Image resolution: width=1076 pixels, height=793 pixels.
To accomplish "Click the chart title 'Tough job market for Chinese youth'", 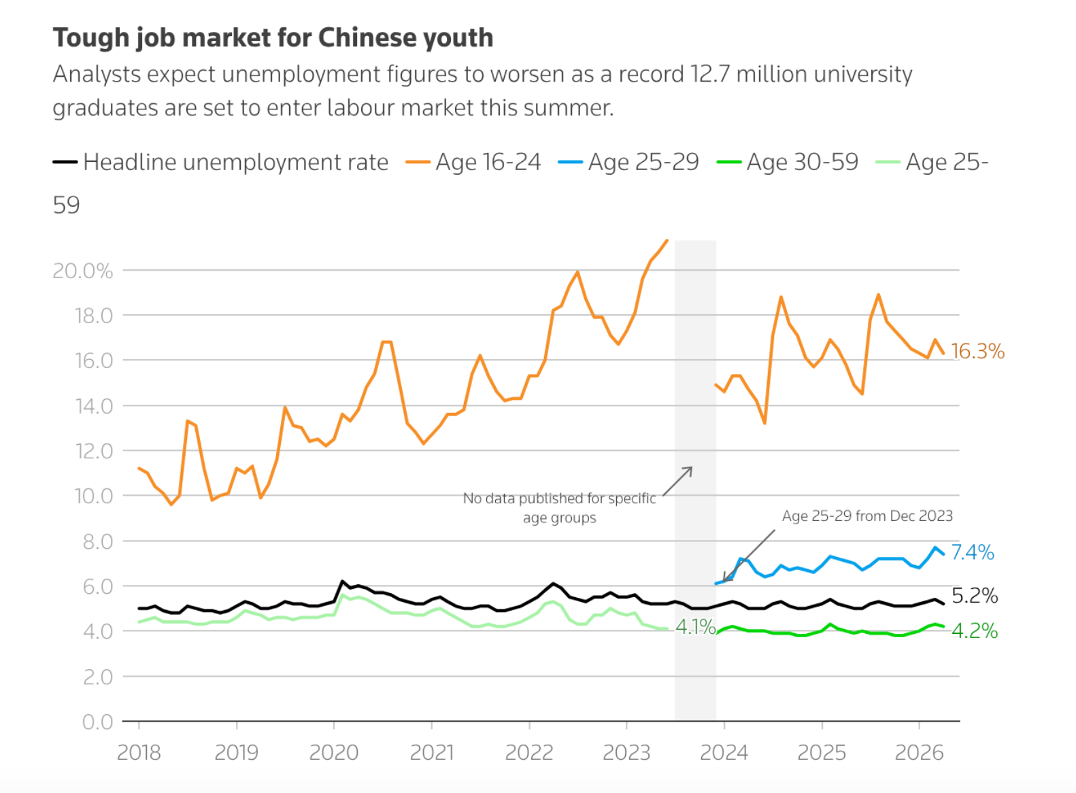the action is pyautogui.click(x=273, y=38).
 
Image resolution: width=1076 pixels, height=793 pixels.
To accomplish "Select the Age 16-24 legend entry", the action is pyautogui.click(x=473, y=162).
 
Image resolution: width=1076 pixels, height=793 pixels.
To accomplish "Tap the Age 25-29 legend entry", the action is pyautogui.click(x=628, y=162).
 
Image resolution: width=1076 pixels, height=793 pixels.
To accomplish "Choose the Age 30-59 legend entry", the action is pyautogui.click(x=788, y=162).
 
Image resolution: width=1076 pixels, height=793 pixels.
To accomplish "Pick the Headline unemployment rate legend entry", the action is pyautogui.click(x=220, y=162).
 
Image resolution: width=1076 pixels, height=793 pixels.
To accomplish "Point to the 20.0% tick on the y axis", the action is pyautogui.click(x=82, y=271).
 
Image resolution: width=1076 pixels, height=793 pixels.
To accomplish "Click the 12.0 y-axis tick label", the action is pyautogui.click(x=94, y=452).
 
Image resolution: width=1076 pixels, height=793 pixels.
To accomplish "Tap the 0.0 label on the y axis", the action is pyautogui.click(x=97, y=722).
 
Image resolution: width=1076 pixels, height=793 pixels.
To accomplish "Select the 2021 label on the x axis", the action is pyautogui.click(x=431, y=753).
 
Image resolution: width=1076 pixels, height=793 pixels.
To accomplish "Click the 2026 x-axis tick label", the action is pyautogui.click(x=919, y=753).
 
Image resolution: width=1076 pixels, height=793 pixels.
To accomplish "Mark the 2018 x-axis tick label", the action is pyautogui.click(x=139, y=753).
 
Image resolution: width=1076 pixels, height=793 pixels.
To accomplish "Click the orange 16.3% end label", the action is pyautogui.click(x=977, y=352).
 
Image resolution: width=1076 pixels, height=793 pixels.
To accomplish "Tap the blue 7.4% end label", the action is pyautogui.click(x=973, y=552).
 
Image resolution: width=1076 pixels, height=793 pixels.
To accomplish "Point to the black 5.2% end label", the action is pyautogui.click(x=975, y=596).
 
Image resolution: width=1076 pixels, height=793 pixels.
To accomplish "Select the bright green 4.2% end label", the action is pyautogui.click(x=975, y=631).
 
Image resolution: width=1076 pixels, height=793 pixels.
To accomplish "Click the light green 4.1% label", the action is pyautogui.click(x=696, y=627).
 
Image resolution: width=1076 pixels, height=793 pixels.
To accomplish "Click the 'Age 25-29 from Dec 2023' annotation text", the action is pyautogui.click(x=867, y=516).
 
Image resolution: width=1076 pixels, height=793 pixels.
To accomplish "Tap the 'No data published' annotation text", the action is pyautogui.click(x=559, y=508).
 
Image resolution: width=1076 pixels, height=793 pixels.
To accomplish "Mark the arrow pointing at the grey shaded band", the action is pyautogui.click(x=678, y=481).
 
